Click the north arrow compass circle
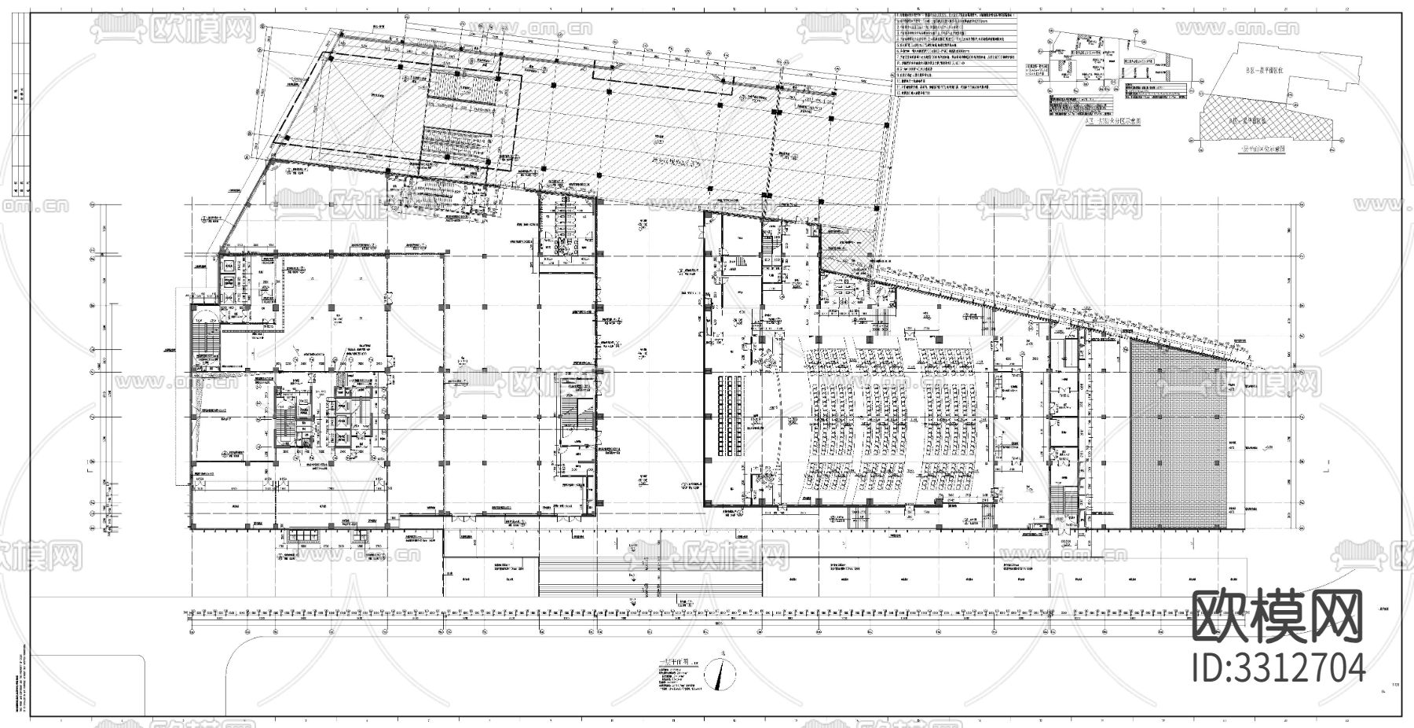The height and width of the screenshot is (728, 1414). pyautogui.click(x=720, y=674)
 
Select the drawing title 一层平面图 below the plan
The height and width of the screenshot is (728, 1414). pyautogui.click(x=674, y=663)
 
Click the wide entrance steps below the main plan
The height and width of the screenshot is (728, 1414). pyautogui.click(x=650, y=581)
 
